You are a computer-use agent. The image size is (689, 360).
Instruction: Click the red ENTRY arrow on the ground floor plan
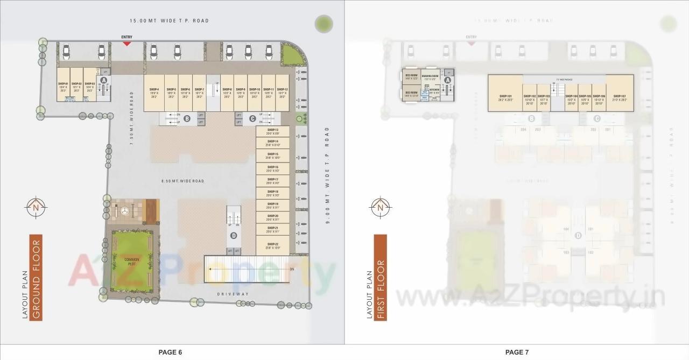(126, 43)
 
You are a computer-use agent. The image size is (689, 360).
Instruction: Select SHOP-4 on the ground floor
(154, 93)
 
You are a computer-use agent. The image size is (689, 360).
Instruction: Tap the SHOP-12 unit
(282, 93)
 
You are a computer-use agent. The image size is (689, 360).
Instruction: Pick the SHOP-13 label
(272, 130)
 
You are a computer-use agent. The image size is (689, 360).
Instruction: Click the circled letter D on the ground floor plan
(234, 236)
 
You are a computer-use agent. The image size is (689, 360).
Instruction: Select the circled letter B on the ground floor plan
(187, 118)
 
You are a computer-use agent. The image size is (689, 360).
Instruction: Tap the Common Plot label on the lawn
(132, 262)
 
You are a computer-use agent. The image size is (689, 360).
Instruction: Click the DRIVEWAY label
(233, 294)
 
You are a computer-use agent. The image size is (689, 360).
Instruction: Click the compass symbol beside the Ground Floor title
(36, 207)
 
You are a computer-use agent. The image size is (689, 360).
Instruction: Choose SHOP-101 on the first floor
(505, 98)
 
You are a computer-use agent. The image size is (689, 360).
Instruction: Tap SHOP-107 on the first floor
(620, 98)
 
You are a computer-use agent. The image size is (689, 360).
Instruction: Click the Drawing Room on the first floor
(430, 77)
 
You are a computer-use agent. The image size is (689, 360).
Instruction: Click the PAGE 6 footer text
(170, 352)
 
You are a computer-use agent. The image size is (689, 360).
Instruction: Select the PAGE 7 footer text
(517, 352)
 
